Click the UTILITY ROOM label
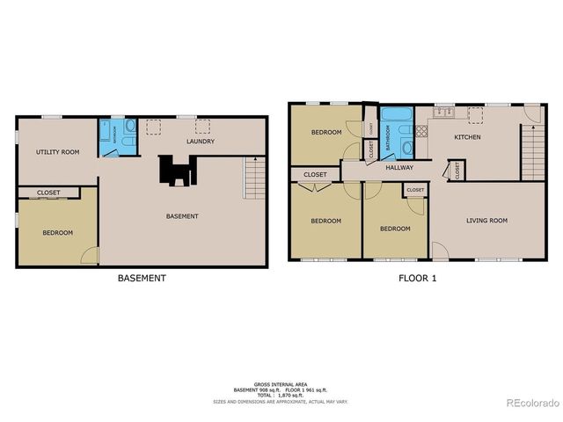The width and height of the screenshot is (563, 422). (57, 152)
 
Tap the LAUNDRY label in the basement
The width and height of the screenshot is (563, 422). (200, 142)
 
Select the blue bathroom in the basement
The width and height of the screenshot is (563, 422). (118, 136)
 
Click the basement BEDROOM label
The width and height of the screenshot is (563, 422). (57, 233)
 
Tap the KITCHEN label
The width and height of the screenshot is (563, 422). (467, 137)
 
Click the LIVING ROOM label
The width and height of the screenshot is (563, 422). (487, 221)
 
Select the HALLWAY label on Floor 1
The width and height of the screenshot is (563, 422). (399, 168)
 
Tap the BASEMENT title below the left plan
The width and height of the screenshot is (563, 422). (142, 278)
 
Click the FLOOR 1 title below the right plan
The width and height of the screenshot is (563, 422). (417, 278)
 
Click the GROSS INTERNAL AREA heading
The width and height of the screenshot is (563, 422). (279, 384)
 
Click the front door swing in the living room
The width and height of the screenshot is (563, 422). (440, 252)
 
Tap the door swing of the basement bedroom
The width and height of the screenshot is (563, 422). (90, 255)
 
